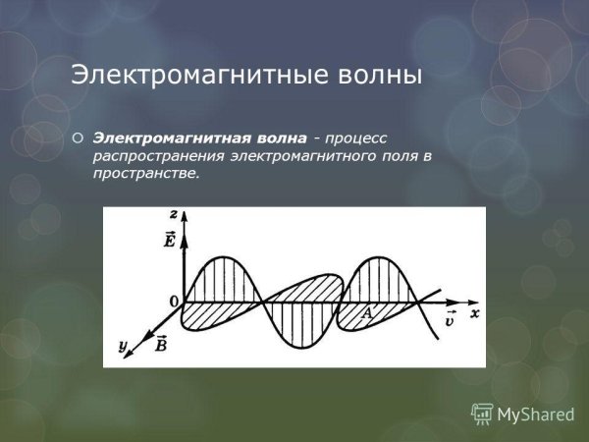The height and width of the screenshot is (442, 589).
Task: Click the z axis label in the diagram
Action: coord(173,213)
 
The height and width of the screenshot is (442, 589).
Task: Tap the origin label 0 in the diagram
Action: coord(174,301)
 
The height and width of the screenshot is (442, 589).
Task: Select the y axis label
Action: coord(122,345)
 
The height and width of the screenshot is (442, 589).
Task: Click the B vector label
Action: coord(161,343)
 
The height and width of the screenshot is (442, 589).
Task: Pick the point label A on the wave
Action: coord(367,313)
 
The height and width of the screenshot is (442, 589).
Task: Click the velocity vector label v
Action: coord(449,319)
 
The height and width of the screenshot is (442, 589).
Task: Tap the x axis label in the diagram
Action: coord(473,313)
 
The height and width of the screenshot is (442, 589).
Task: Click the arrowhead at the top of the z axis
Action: coord(183,216)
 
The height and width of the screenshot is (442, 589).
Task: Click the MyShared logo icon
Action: coord(482,414)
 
